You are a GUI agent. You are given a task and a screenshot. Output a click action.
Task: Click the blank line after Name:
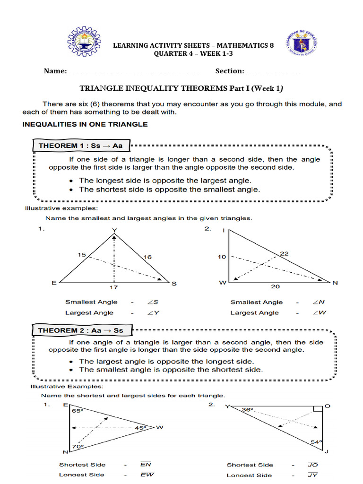point(133,71)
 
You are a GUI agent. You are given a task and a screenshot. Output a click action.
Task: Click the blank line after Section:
point(274,71)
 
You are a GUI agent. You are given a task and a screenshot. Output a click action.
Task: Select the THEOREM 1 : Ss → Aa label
point(80,146)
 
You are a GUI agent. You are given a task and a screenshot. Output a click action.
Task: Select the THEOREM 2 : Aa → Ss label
point(80,330)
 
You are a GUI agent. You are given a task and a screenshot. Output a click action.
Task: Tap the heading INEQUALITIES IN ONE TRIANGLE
point(85,124)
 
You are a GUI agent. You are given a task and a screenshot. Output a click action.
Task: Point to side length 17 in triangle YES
point(114,287)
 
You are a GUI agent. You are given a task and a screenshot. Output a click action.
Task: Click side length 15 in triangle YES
point(81,255)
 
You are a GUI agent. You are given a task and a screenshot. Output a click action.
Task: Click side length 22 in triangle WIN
point(284,253)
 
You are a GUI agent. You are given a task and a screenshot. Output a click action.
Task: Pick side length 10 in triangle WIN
point(222,257)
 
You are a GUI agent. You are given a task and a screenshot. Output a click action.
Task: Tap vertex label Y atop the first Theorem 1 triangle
point(114,231)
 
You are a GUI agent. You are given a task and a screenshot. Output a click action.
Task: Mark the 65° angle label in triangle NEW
point(77,412)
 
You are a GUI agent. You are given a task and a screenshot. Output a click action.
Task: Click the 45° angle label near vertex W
point(141,428)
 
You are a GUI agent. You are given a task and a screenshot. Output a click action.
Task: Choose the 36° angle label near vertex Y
point(248,410)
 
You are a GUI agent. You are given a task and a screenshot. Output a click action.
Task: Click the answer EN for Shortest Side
point(146,465)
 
